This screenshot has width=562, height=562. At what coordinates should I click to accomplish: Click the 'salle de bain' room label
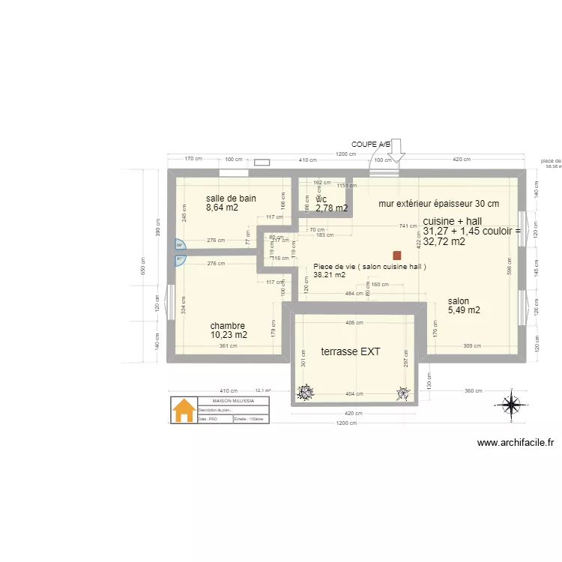coord(231,199)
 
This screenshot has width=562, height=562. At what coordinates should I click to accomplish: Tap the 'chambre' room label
coord(227,326)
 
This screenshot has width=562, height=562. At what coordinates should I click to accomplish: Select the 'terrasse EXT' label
coord(351,351)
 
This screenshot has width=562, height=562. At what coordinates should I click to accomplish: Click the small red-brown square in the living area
coord(396,255)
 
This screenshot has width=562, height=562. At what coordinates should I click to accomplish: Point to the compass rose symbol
coord(510,405)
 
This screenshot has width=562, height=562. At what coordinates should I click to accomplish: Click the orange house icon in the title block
coord(183,411)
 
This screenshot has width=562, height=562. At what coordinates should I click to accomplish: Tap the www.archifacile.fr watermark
coord(516,443)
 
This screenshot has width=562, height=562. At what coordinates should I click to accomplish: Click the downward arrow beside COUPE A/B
coord(396,151)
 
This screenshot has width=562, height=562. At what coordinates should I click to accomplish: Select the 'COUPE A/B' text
coord(371,144)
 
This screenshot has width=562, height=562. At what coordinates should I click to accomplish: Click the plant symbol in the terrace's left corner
coord(306,391)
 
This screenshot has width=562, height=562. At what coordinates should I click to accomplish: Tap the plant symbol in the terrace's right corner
coord(403,391)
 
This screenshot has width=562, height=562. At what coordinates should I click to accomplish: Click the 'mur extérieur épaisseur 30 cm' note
coord(438,203)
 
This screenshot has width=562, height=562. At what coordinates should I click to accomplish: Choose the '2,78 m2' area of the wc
coord(331,208)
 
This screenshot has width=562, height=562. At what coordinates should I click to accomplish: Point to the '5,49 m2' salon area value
coord(464,310)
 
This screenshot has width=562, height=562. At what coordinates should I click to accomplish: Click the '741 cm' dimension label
coord(408,226)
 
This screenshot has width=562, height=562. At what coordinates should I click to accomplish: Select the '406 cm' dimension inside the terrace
coord(354,323)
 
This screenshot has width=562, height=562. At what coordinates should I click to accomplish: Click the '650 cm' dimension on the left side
coord(145,268)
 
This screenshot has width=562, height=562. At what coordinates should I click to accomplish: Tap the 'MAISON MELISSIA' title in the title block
coord(232,401)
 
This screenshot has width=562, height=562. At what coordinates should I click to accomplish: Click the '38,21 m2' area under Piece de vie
coord(329,275)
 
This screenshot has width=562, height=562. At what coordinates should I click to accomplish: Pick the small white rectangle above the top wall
coord(262,161)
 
